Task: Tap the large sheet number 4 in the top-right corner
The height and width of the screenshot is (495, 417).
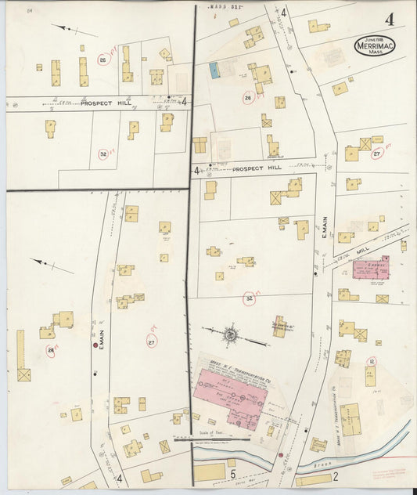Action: (x=389, y=20)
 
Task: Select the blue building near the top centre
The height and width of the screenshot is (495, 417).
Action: (x=214, y=70)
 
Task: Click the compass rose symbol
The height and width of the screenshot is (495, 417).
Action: (x=231, y=335)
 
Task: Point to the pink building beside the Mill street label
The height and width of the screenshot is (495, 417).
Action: (x=370, y=267)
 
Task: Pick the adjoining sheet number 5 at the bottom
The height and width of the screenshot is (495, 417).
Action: (x=232, y=474)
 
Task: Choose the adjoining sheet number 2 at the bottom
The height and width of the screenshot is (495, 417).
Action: (x=334, y=475)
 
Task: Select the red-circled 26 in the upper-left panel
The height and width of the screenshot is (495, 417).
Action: (x=102, y=60)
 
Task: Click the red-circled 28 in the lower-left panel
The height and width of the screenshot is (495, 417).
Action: (x=51, y=350)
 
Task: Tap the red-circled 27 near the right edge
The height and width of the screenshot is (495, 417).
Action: (x=376, y=154)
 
